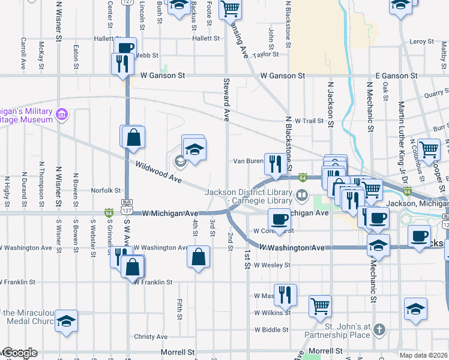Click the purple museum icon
pyautogui.click(x=61, y=114)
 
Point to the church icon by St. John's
pyautogui.click(x=379, y=329)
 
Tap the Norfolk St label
pyautogui.click(x=106, y=190)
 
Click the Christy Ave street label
pyautogui.click(x=150, y=337)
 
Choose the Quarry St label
pyautogui.click(x=436, y=93)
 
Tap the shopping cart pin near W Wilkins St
pyautogui.click(x=321, y=305)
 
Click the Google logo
pyautogui.click(x=19, y=353)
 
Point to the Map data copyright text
pyautogui.click(x=423, y=355)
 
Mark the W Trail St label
pyautogui.click(x=309, y=121)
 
